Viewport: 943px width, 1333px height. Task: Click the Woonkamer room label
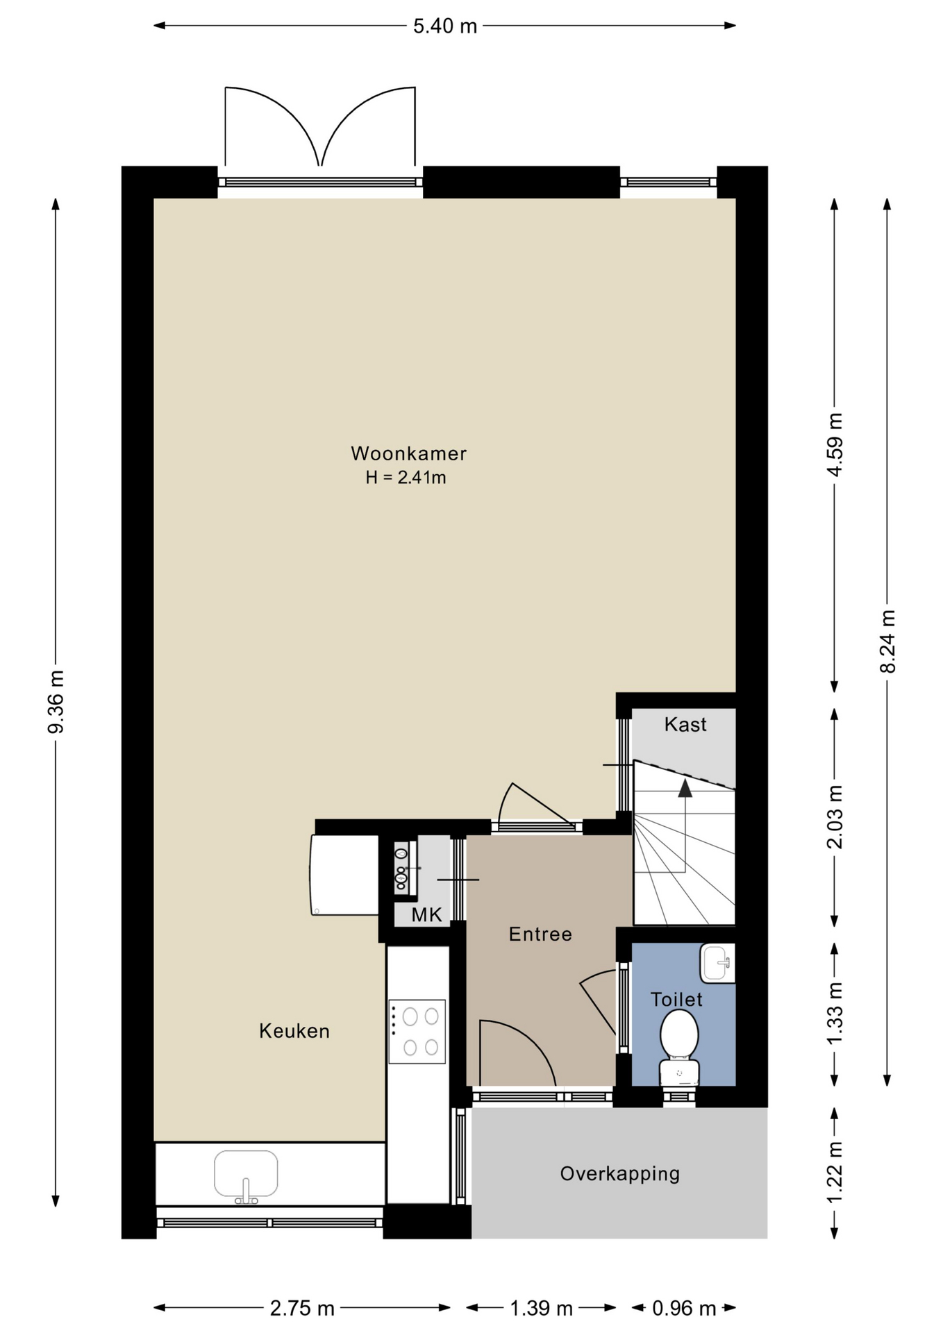point(408,453)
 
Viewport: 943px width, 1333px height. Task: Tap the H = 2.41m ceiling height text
point(406,478)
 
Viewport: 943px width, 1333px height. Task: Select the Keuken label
point(294,1031)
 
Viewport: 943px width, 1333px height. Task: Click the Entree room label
point(540,934)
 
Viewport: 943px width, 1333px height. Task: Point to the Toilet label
point(676,1000)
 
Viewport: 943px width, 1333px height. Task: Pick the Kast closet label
point(685,724)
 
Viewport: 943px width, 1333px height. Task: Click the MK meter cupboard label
point(426,915)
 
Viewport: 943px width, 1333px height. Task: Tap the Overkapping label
point(620,1173)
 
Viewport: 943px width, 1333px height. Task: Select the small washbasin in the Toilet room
point(717,963)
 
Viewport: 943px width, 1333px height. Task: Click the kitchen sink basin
point(246,1174)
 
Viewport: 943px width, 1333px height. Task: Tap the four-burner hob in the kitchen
point(417,1032)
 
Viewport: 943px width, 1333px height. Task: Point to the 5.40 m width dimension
point(445,26)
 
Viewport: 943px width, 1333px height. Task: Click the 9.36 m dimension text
point(56,701)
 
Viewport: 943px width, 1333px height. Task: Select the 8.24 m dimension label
point(887,641)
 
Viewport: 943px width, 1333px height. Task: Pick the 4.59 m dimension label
point(835,444)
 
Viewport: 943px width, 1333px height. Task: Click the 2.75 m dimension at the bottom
point(302,1309)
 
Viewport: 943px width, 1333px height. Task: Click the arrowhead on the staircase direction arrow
point(685,787)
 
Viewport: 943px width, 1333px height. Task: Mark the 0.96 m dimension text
point(684,1309)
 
